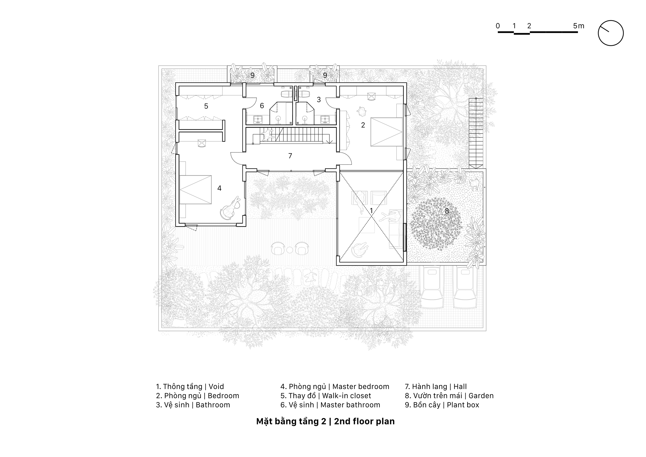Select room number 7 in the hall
point(290,156)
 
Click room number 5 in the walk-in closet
point(206,106)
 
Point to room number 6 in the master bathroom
point(262,106)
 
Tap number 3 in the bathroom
point(319,99)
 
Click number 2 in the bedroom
point(363,125)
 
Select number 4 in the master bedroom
point(219,188)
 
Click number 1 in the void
point(371,210)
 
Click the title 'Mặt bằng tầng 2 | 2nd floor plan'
point(325,421)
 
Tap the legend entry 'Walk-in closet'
point(346,396)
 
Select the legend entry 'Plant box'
point(463,405)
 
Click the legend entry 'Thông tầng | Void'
point(190,387)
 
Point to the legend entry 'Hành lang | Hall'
point(436,387)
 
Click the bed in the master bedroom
point(195,190)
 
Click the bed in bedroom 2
point(386,132)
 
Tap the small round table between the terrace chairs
point(290,249)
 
